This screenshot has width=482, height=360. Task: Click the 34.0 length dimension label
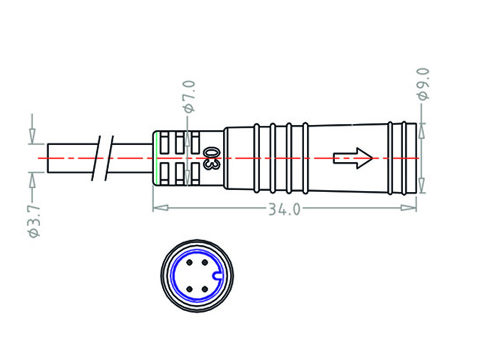click(x=284, y=209)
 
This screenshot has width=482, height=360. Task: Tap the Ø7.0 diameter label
click(x=189, y=96)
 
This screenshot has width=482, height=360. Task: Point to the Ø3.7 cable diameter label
click(x=34, y=221)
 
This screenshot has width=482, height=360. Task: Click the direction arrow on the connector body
click(x=353, y=158)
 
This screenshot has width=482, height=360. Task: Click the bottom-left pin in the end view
click(x=189, y=289)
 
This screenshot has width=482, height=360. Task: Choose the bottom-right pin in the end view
click(x=205, y=289)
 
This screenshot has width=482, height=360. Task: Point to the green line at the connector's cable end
click(x=155, y=158)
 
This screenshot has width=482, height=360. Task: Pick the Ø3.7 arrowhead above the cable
click(x=32, y=136)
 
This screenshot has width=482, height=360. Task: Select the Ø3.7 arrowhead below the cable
click(x=32, y=180)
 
